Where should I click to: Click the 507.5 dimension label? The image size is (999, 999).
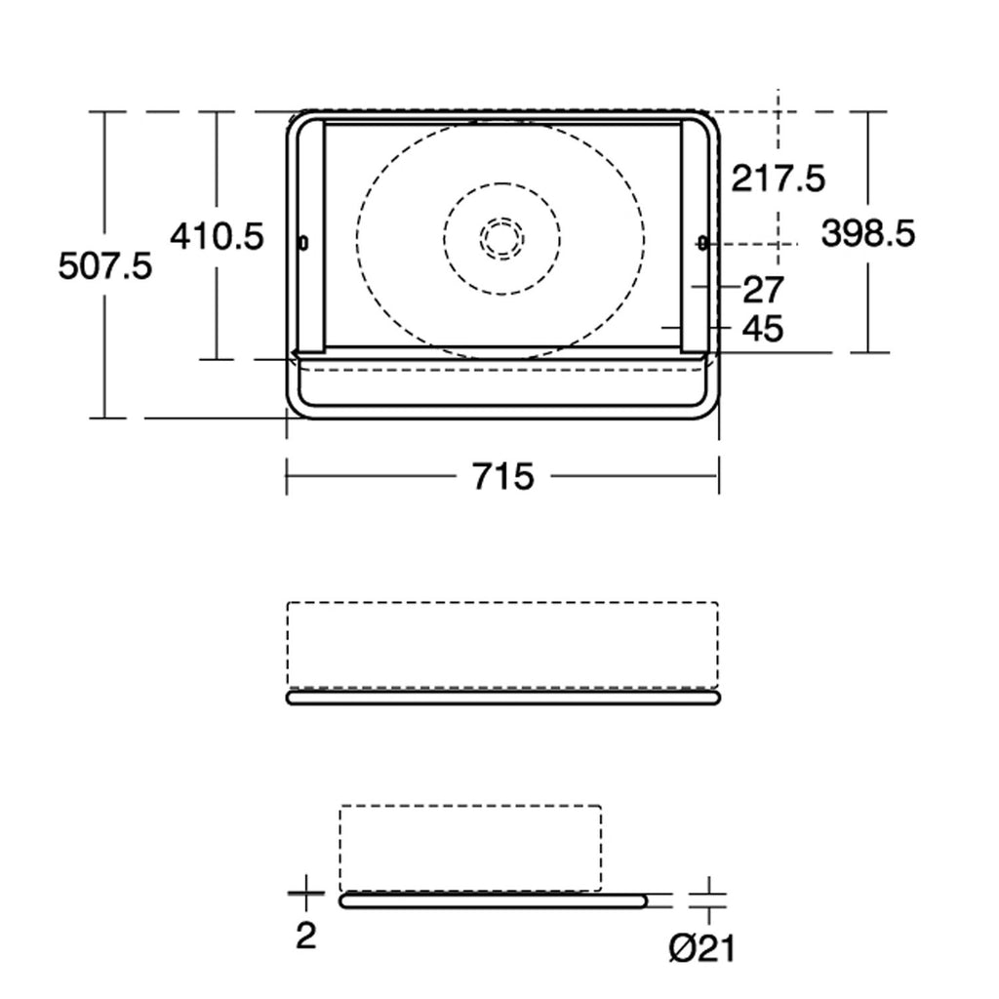105,265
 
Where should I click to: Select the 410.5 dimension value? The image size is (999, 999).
217,236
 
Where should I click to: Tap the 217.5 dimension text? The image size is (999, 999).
778,178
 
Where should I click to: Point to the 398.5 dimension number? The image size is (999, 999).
867,232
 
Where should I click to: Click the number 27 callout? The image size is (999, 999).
763,290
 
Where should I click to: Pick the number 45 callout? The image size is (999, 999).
763,329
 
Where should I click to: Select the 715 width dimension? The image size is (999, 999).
502,476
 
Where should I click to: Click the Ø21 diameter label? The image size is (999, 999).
702,948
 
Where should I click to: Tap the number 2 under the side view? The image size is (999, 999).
306,936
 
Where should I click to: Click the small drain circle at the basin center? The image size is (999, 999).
502,239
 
